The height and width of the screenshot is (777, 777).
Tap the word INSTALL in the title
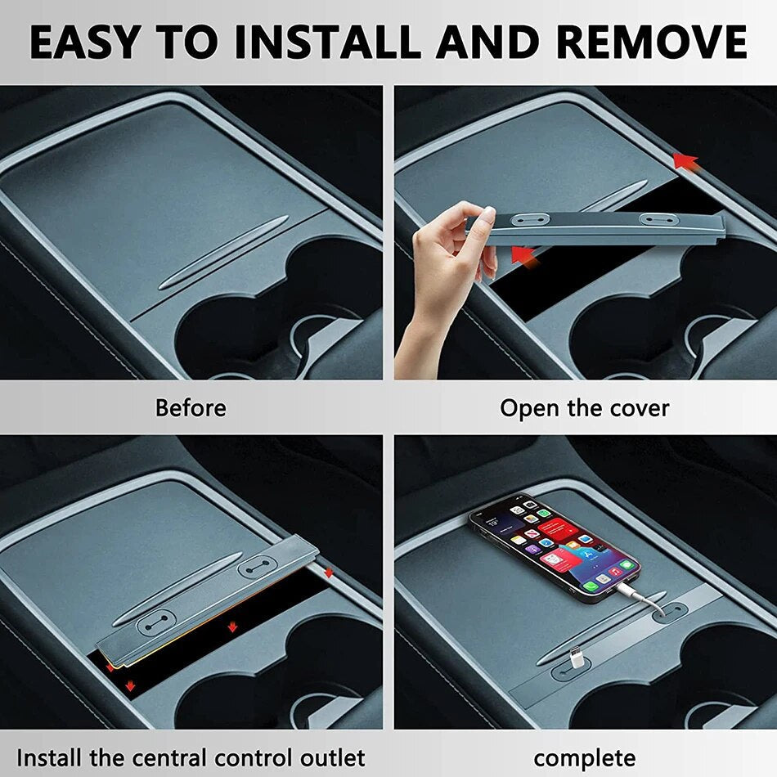327,42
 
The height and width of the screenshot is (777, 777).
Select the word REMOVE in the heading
651,42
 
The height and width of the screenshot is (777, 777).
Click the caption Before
191,408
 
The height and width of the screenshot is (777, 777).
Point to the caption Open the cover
584,408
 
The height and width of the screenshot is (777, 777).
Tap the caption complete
585,759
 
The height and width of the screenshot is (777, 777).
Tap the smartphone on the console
554,546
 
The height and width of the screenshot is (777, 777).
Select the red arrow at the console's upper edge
686,162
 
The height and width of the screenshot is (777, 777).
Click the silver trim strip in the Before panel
224,252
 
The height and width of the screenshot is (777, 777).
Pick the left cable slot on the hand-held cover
531,219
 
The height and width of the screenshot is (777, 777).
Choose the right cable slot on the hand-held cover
658,219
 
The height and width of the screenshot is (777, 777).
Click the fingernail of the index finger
488,214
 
